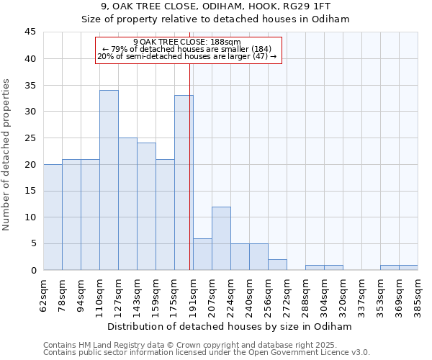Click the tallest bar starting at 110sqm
tap(109, 180)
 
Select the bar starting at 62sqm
tap(53, 217)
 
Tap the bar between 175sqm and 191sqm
tap(184, 183)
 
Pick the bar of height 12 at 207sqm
tap(221, 238)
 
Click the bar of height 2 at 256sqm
tap(277, 264)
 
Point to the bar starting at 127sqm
tap(127, 204)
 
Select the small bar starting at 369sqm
tap(408, 267)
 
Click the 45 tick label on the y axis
tap(30, 32)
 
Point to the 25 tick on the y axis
tap(30, 138)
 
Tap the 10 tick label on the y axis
tap(30, 217)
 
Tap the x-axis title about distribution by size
tap(230, 326)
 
